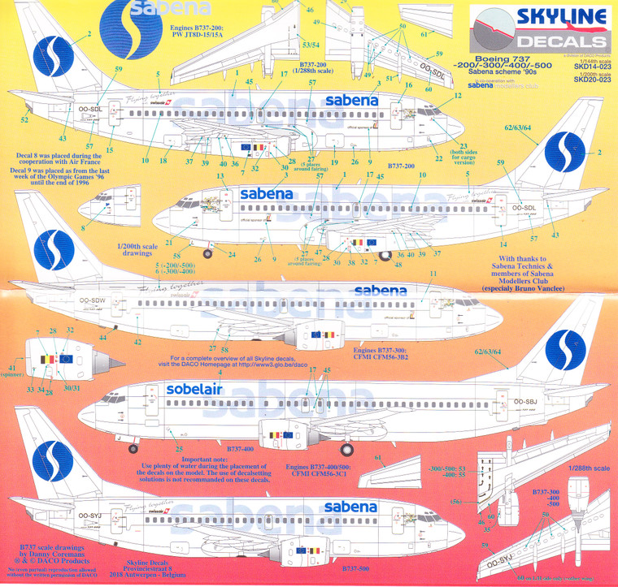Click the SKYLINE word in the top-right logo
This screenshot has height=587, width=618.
pos(539,17)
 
